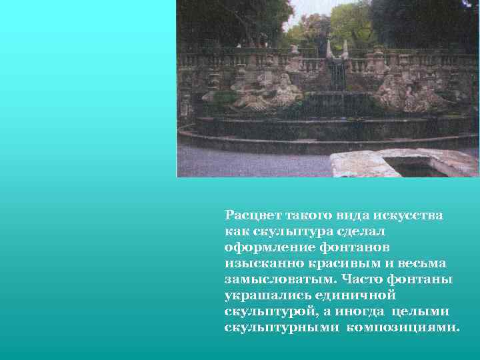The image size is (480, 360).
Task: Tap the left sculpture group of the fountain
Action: [267, 93]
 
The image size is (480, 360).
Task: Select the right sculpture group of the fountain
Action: [407, 93]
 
